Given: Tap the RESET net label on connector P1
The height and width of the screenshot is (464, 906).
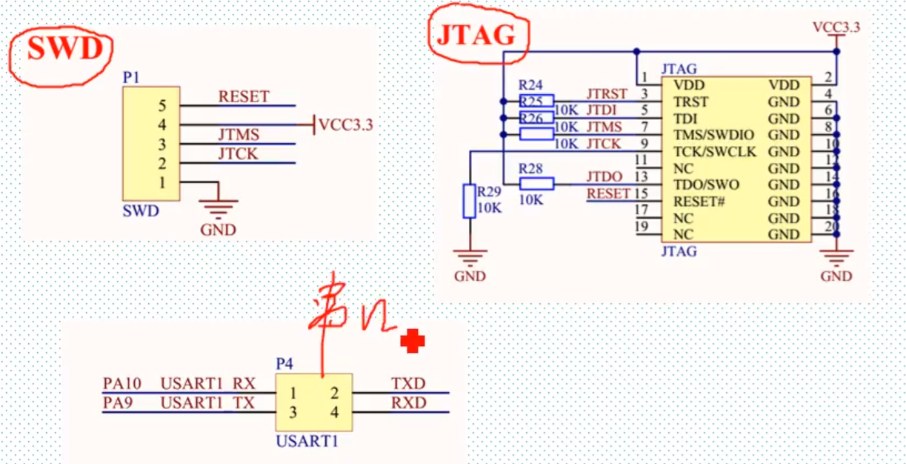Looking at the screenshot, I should click(x=244, y=96).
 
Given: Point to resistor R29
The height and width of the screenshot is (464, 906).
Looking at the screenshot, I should click(x=469, y=201).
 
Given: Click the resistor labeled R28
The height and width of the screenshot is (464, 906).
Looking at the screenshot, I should click(x=536, y=184).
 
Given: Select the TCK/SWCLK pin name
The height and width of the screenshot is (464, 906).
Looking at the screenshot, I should click(x=715, y=152).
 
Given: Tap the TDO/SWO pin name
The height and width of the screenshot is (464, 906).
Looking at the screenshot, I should click(x=706, y=185).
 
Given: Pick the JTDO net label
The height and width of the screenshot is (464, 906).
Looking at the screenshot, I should click(x=604, y=177).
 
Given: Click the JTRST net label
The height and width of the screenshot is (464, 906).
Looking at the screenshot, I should click(x=607, y=94).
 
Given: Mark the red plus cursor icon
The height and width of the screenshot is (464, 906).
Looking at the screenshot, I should click(x=413, y=341).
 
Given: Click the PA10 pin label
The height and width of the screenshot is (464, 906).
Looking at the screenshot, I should click(x=121, y=383).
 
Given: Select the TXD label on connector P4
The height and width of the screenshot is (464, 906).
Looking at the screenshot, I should click(x=408, y=383).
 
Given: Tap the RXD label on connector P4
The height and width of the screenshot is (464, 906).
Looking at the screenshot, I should click(x=408, y=402).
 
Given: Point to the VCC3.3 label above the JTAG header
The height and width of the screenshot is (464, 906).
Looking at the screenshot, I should click(x=836, y=27).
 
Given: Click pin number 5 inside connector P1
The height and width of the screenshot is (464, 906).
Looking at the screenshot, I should click(x=162, y=105).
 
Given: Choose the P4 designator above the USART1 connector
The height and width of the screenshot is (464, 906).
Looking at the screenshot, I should click(x=284, y=364).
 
